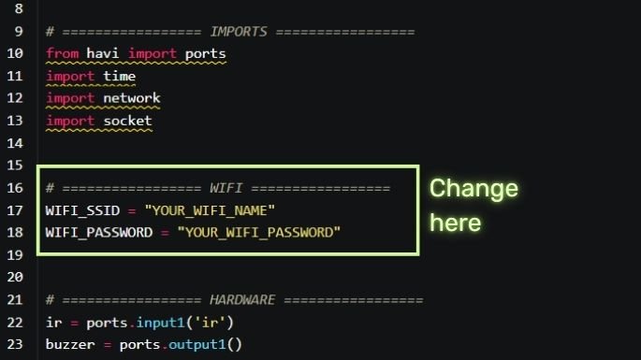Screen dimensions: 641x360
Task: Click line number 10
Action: pos(14,53)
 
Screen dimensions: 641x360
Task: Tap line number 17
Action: pos(14,210)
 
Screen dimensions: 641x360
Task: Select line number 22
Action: pos(14,323)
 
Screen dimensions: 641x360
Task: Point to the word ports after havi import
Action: pos(205,53)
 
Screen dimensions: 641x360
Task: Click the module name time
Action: pos(119,76)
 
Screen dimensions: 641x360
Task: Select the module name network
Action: pos(131,98)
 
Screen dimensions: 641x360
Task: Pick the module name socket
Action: pos(127,121)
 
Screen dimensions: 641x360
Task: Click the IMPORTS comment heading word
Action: pos(239,31)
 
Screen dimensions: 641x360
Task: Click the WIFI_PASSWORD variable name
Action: pos(98,233)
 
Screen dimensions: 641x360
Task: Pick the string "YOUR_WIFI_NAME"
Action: pos(210,210)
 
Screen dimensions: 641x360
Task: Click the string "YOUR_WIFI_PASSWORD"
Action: pos(258,233)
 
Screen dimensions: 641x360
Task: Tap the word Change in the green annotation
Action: pos(473,189)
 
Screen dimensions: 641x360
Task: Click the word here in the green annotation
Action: pos(455,223)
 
